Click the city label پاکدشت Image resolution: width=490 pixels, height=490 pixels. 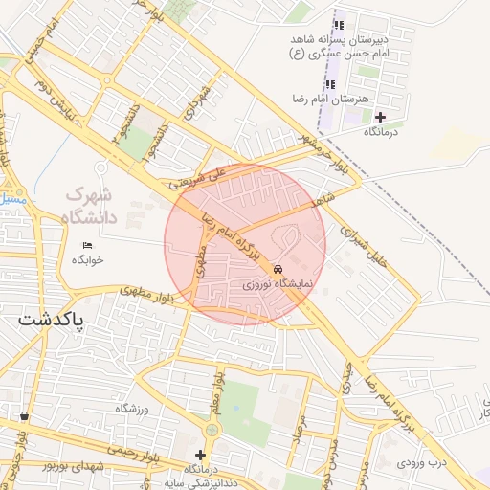point(51,318)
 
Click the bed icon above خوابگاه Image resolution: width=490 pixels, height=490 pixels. point(88,245)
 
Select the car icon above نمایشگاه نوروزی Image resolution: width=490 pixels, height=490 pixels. point(278,270)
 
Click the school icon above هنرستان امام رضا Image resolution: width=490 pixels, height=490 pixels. point(330,84)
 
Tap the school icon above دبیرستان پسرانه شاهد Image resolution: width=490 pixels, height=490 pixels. point(337,25)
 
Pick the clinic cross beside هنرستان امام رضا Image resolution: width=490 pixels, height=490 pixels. point(380,117)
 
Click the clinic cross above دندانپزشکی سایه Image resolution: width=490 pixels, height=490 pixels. point(200,455)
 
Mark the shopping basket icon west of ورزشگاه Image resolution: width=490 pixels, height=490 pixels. point(24,416)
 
